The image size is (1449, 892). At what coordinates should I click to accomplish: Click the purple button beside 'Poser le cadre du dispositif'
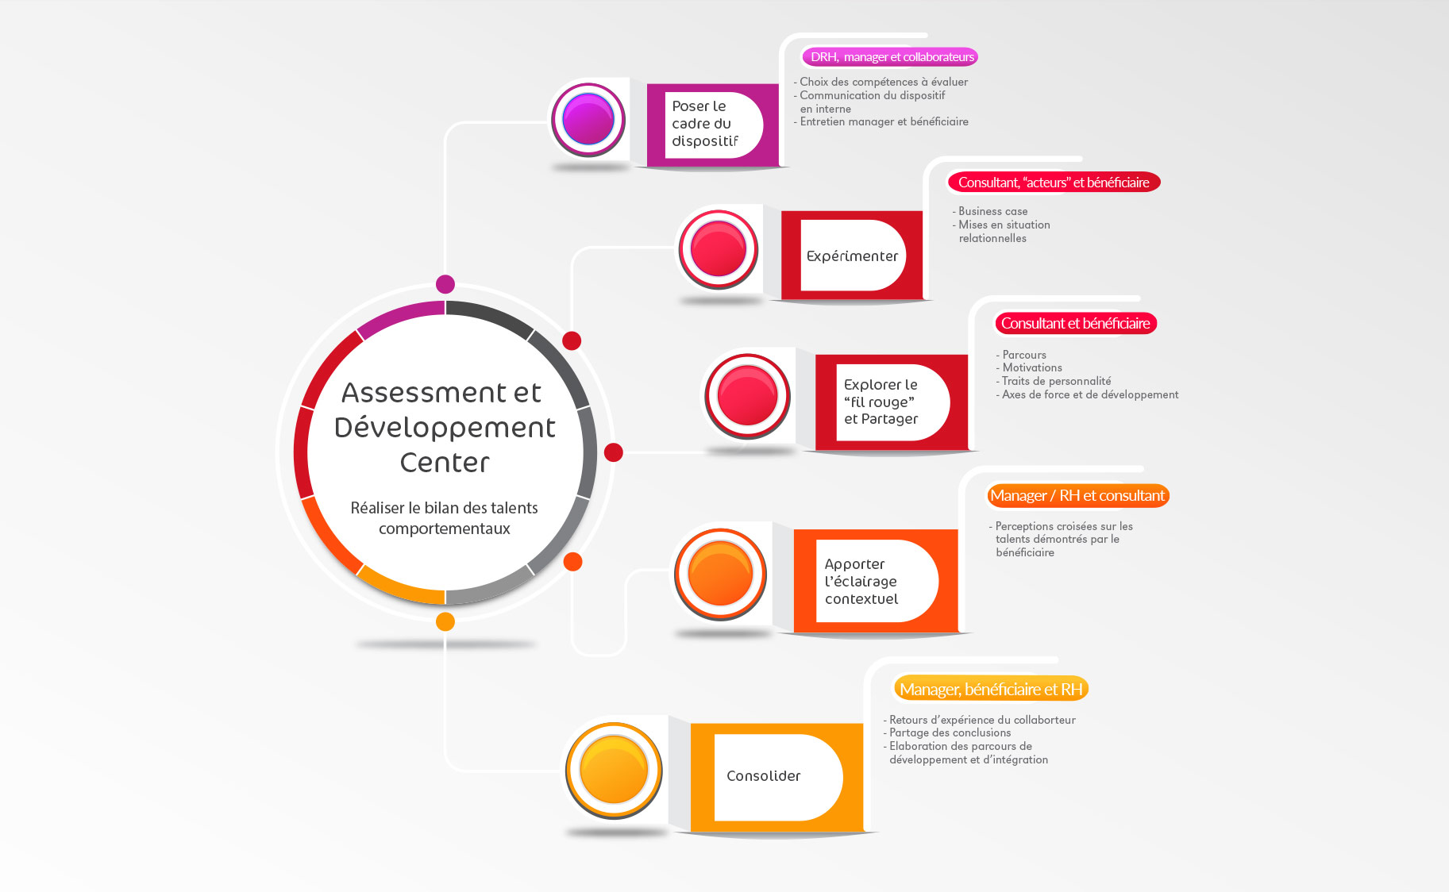tap(588, 119)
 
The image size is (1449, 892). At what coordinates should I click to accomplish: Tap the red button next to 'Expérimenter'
tap(719, 248)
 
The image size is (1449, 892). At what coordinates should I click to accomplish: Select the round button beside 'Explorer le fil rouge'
tap(747, 395)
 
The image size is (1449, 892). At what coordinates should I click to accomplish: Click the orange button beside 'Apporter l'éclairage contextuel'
tap(720, 574)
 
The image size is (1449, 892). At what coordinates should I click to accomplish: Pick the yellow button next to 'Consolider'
tap(614, 770)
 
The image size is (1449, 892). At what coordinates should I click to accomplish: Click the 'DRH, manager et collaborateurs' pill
tap(892, 57)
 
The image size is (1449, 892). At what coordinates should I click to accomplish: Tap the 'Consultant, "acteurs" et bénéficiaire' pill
tap(1054, 183)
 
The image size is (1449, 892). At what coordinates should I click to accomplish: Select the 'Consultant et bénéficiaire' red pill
tap(1075, 323)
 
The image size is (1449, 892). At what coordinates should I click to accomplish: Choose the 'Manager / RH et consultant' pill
tap(1077, 496)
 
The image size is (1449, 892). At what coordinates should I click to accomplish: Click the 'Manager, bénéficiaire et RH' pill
tap(991, 689)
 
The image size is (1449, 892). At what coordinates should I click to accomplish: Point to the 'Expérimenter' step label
tap(852, 256)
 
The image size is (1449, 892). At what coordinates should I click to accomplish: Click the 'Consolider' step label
tap(763, 776)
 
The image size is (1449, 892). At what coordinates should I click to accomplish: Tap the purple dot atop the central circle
tap(445, 284)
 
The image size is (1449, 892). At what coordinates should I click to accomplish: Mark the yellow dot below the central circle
tap(445, 621)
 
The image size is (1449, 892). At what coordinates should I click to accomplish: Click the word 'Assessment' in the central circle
tap(423, 393)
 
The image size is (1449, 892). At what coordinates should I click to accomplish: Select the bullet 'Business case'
tap(992, 211)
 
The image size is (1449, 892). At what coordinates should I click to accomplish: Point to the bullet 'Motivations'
tap(1031, 367)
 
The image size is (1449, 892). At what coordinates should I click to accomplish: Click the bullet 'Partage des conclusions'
tap(950, 732)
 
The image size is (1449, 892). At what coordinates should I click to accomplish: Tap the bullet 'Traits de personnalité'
tap(1056, 381)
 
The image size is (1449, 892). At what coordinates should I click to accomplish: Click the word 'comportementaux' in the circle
tap(445, 529)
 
